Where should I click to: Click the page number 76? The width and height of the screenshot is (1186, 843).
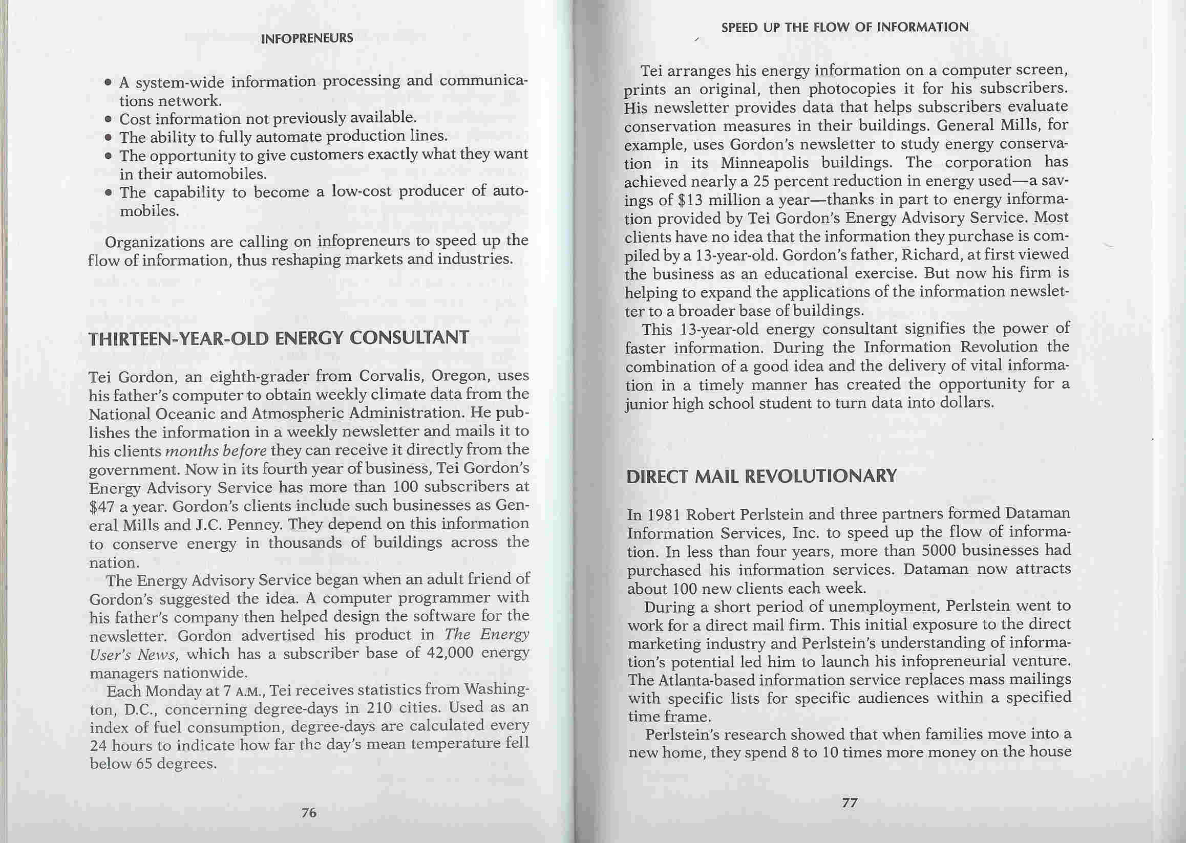309,813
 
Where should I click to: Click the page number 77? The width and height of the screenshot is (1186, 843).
849,803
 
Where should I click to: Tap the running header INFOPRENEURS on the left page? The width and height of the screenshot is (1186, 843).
307,38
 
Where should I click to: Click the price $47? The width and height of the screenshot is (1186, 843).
102,507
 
